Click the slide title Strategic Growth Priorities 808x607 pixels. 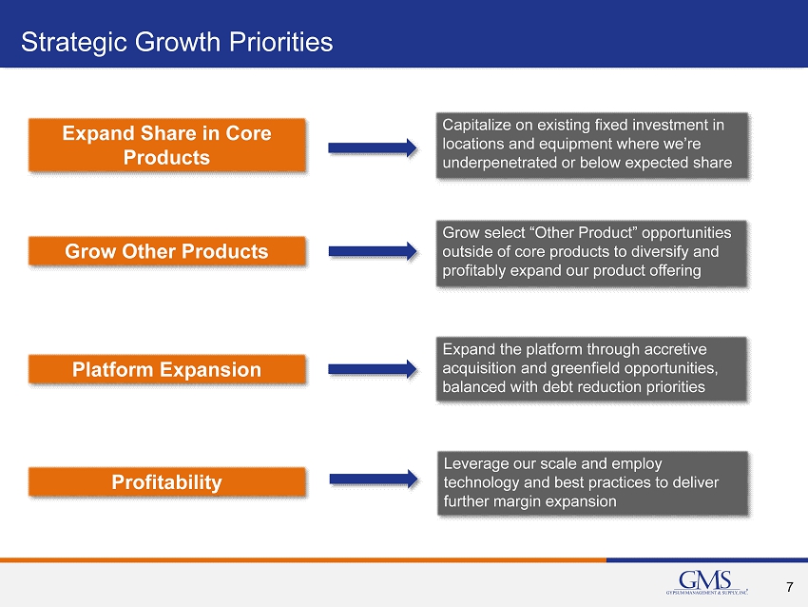(177, 42)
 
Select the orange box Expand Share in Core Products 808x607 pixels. (167, 145)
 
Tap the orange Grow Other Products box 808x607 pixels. (167, 251)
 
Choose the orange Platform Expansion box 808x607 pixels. (167, 369)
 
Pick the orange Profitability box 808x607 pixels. (167, 481)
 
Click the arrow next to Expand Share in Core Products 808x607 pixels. (373, 148)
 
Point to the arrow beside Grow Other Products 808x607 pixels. (373, 251)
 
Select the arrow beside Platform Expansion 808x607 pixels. (373, 369)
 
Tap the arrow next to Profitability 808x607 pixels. (374, 480)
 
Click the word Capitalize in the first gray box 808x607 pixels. (475, 126)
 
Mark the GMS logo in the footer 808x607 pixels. (706, 583)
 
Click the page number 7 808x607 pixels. (790, 587)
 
